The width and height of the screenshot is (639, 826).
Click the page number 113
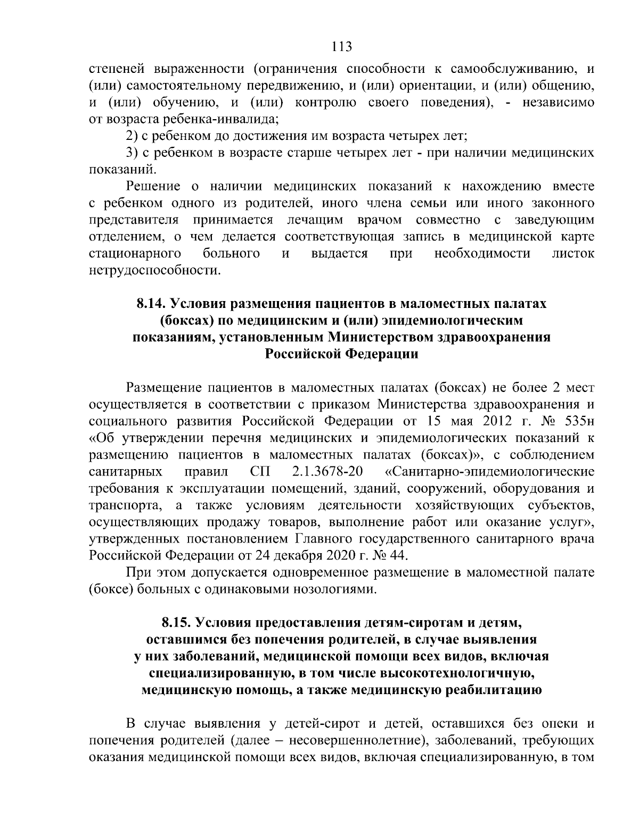(x=341, y=47)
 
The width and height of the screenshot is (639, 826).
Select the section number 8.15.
(x=176, y=622)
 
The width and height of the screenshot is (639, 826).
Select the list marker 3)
(x=132, y=153)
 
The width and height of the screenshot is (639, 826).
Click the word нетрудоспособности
(x=154, y=271)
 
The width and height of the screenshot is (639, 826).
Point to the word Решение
(x=153, y=187)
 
